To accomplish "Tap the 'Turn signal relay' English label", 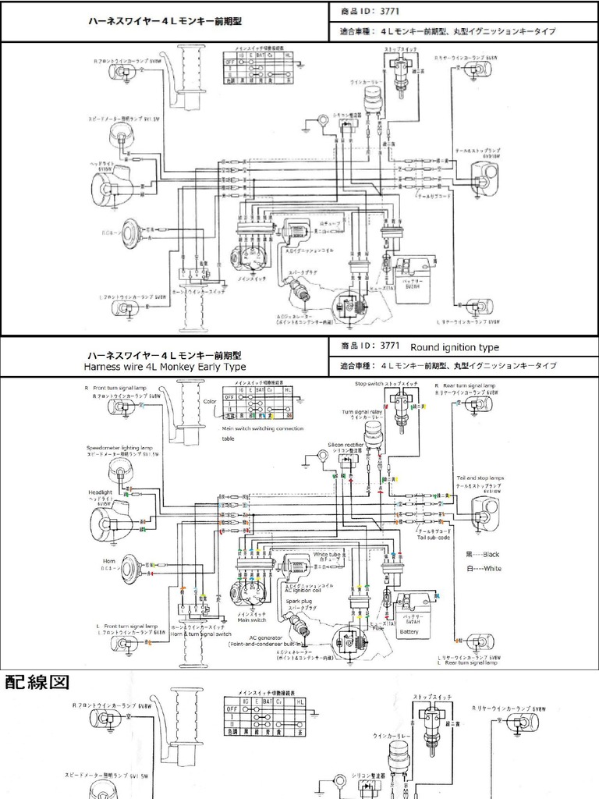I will click(x=360, y=411).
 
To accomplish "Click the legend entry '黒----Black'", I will click(x=480, y=554).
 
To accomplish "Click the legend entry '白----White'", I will click(x=480, y=569).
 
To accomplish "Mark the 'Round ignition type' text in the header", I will click(x=455, y=347).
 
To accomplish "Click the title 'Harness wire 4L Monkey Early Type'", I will click(x=165, y=367).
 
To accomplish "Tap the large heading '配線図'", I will click(x=37, y=682).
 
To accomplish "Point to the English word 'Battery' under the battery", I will click(x=409, y=632).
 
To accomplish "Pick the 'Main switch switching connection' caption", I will click(x=262, y=428).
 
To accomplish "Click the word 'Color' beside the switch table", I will click(x=209, y=401).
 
